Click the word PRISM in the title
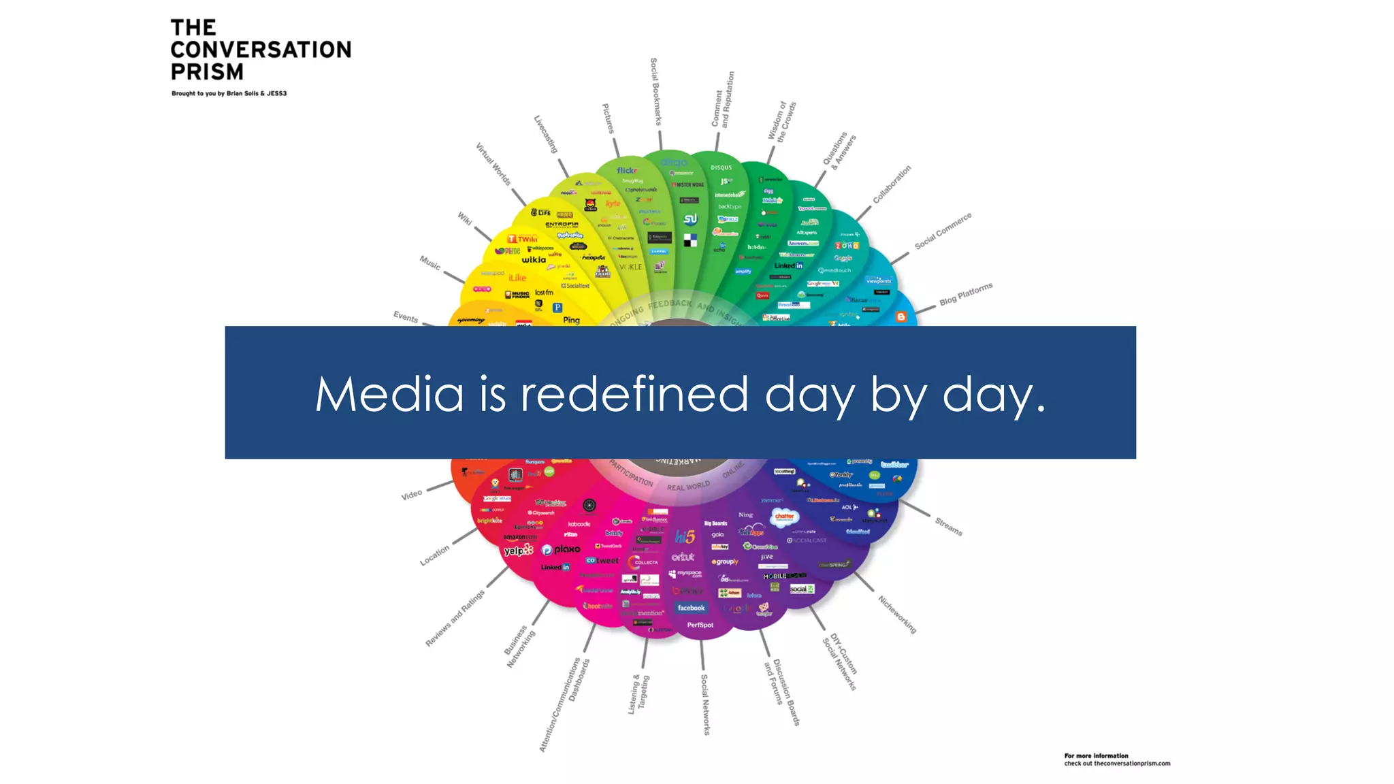click(207, 71)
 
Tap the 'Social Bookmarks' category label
click(655, 92)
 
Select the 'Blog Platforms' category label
click(966, 294)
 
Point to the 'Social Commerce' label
click(943, 231)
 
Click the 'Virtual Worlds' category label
click(493, 164)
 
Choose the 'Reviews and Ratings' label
click(455, 618)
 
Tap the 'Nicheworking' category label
click(897, 615)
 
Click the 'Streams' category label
click(948, 526)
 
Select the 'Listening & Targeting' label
click(638, 695)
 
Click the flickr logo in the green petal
click(627, 170)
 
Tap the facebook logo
click(691, 608)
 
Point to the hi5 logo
click(685, 537)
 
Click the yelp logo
click(518, 550)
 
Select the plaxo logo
click(562, 549)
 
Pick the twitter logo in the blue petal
click(894, 465)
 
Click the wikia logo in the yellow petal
click(534, 259)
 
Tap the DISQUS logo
click(722, 167)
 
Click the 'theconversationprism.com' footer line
click(1117, 764)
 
